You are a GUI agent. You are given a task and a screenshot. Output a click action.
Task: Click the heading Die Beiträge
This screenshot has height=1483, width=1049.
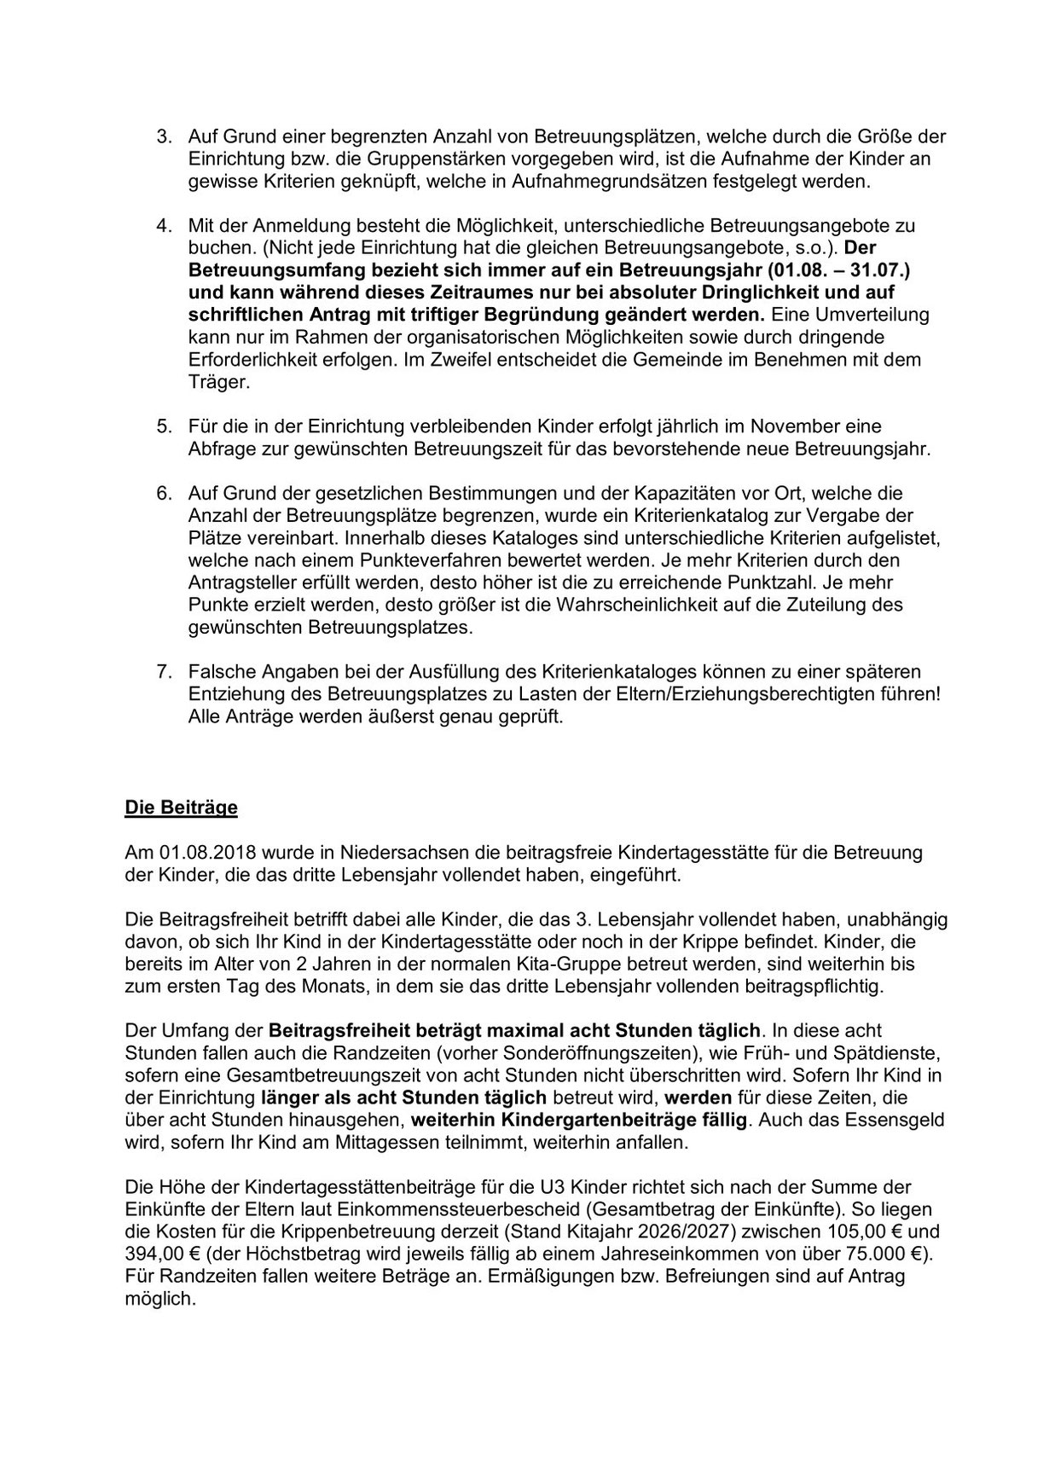181,807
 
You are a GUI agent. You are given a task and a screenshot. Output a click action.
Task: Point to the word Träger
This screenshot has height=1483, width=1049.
218,382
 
